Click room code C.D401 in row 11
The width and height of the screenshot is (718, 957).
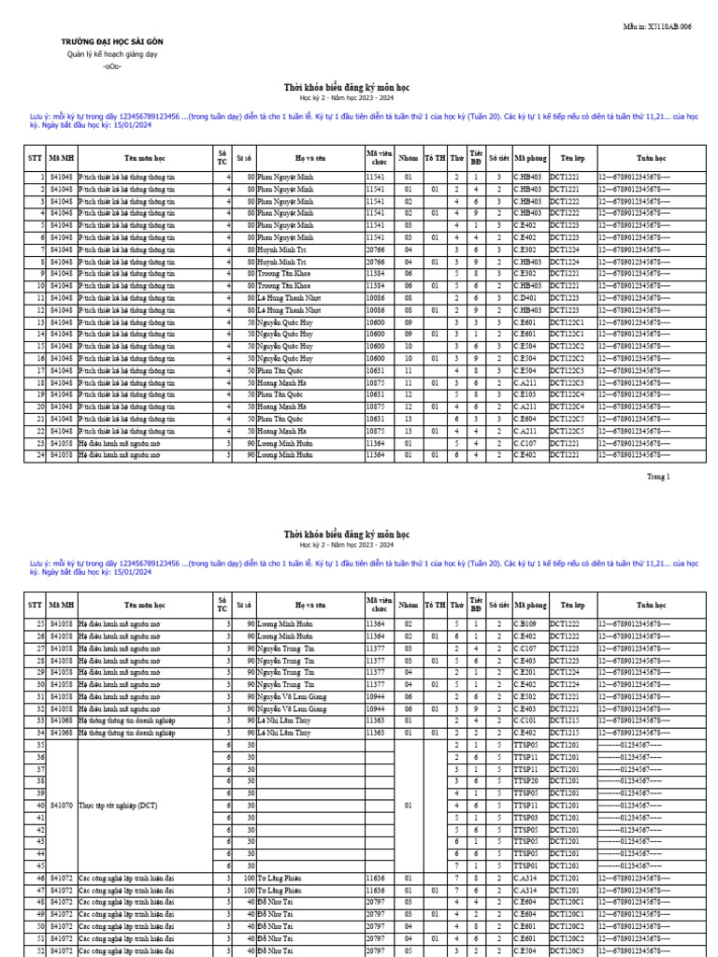pyautogui.click(x=526, y=298)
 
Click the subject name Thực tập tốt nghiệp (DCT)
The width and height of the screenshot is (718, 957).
pyautogui.click(x=117, y=805)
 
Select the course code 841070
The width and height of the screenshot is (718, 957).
pyautogui.click(x=61, y=805)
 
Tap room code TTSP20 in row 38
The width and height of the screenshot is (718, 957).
pyautogui.click(x=525, y=780)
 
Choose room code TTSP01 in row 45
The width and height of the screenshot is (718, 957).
pyautogui.click(x=525, y=865)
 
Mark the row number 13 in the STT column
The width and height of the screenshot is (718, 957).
pyautogui.click(x=40, y=322)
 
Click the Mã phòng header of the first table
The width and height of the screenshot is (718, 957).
pyautogui.click(x=529, y=159)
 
